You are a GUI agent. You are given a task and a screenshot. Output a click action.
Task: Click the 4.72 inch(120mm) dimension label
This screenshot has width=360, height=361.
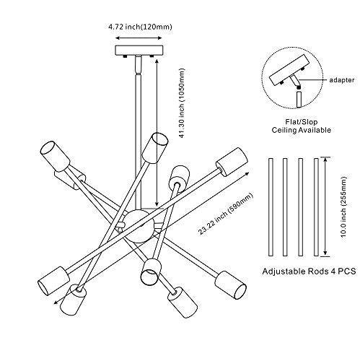click(140, 27)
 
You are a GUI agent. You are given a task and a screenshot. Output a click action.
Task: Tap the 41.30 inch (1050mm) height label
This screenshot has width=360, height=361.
click(182, 103)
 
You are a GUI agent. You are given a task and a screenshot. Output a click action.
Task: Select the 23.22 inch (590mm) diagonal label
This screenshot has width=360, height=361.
click(226, 214)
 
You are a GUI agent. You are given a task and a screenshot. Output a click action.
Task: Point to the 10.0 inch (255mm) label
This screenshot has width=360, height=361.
click(344, 207)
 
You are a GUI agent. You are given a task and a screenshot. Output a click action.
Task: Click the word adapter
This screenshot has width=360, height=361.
click(341, 80)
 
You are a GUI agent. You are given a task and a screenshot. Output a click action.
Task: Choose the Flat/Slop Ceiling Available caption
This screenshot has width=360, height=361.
click(302, 126)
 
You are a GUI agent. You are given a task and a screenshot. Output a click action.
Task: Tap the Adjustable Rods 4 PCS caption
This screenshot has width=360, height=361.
click(309, 271)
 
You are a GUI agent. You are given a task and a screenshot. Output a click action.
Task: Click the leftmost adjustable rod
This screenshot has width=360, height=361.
click(271, 207)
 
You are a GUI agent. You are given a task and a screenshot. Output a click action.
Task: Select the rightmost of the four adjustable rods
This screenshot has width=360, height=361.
click(316, 207)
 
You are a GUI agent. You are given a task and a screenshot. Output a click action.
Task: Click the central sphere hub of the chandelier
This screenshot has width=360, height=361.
click(139, 226)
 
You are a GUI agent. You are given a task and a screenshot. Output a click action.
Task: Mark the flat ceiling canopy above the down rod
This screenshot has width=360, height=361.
click(139, 51)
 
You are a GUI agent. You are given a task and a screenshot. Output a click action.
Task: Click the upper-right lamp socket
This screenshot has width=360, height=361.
click(232, 162)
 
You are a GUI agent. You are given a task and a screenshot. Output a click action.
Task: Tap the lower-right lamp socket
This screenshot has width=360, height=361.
click(230, 285)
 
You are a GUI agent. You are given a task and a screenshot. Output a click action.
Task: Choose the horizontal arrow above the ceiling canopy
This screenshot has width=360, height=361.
click(139, 38)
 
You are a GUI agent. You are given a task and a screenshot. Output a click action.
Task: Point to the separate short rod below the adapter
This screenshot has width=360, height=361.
click(299, 100)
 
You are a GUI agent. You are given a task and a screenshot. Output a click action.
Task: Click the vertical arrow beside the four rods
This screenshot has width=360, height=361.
click(325, 207)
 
